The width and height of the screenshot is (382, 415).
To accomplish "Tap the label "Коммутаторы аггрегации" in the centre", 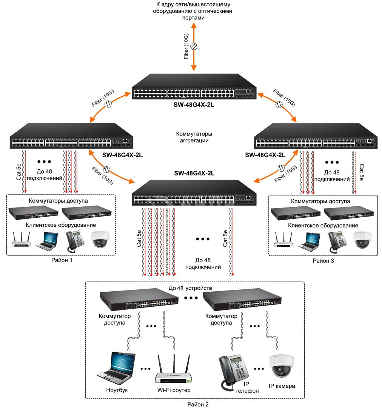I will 194,137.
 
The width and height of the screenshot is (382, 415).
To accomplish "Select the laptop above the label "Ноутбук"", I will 116,366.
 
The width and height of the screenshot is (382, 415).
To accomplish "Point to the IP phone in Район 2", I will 233,372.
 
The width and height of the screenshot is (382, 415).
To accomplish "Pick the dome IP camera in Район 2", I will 281,366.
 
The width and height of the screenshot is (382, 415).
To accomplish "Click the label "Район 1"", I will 62,260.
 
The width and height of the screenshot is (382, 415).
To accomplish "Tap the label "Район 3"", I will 323,261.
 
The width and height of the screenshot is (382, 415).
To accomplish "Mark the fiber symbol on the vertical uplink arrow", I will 194,46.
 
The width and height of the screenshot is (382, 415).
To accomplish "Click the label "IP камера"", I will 282,386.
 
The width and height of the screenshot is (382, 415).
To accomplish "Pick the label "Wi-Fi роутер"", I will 174,390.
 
